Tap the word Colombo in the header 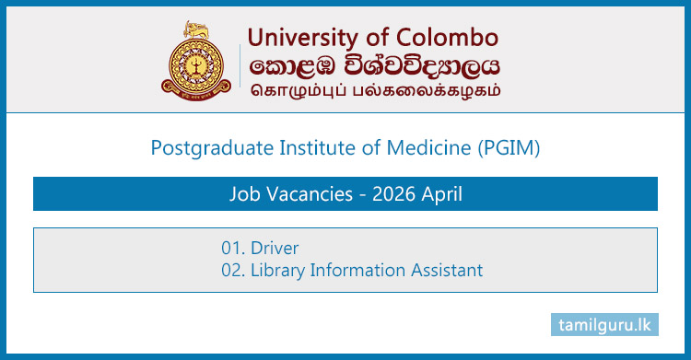tap(448, 38)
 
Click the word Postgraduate tap(201, 145)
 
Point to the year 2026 tap(388, 194)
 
